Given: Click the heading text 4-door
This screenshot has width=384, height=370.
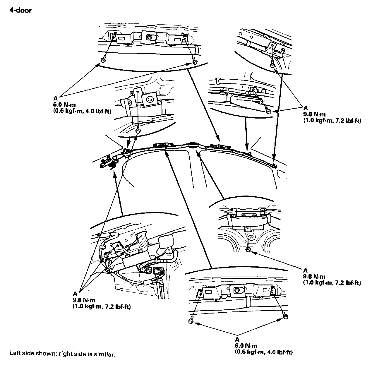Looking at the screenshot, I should [x=20, y=11].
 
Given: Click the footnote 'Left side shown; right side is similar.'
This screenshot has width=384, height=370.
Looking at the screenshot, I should [x=62, y=354].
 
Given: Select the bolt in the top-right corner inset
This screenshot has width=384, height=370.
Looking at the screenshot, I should [x=272, y=63].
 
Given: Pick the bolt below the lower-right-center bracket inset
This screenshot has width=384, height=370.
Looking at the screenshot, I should [x=248, y=249].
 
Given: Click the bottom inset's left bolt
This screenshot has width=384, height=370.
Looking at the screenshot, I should [x=191, y=321].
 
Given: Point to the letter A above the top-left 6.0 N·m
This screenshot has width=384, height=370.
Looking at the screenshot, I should [x=55, y=99].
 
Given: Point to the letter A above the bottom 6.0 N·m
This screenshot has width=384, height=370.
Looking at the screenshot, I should [x=237, y=340].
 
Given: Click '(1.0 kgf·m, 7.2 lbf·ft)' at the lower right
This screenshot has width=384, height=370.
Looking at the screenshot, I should [x=332, y=283].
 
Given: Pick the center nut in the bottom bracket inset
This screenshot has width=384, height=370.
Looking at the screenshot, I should [x=236, y=291].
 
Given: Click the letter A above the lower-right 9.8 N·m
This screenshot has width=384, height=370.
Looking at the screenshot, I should [x=305, y=270].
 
